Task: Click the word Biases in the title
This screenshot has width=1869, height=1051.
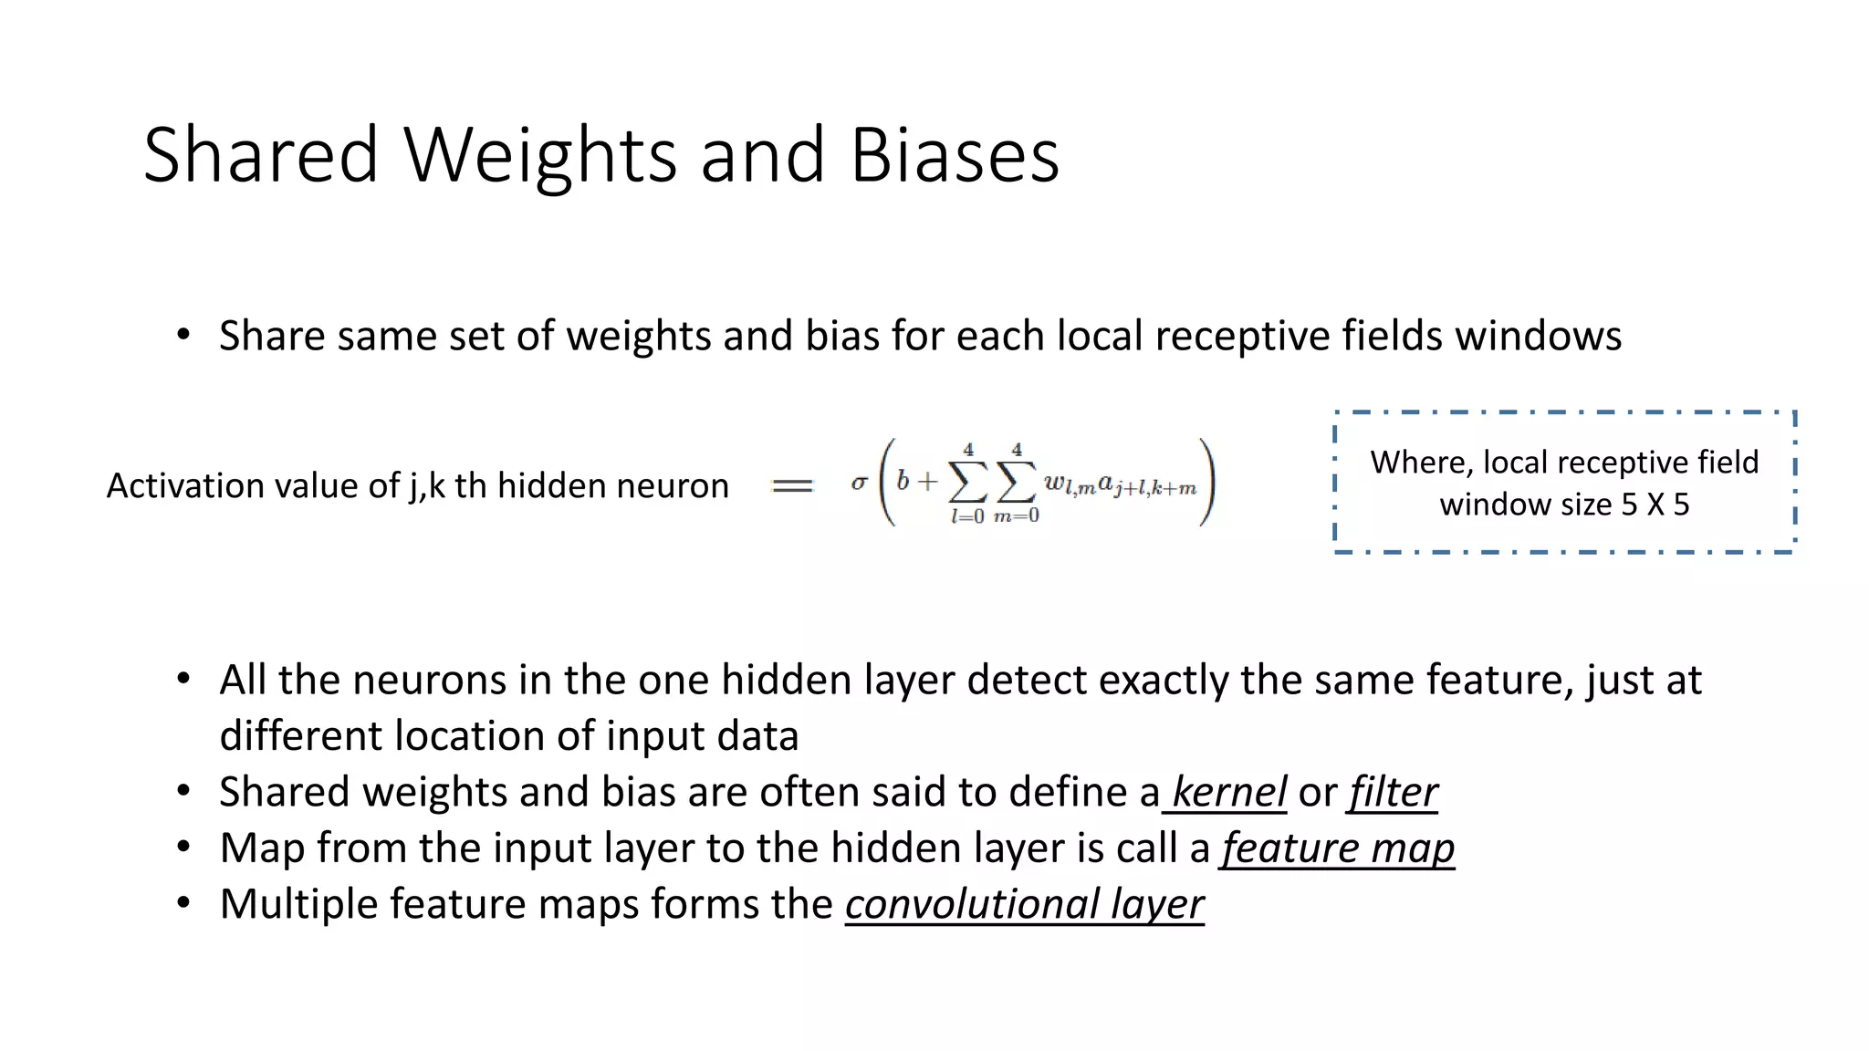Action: pos(955,155)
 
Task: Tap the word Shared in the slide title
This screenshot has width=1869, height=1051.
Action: pos(261,155)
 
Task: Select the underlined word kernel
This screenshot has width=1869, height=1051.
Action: pos(1228,792)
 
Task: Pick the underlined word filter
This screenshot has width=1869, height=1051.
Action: pos(1394,792)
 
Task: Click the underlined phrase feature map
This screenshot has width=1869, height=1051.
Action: pos(1338,848)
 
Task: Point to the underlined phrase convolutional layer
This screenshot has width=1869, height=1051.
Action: pos(1024,904)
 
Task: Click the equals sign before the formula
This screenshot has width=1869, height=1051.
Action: pos(791,486)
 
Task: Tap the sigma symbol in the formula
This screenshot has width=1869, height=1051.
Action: pos(859,483)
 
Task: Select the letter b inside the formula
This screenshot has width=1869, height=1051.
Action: pos(903,481)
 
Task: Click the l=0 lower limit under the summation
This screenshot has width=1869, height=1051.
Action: pos(967,517)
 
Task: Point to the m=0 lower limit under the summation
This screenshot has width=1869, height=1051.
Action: pos(1016,517)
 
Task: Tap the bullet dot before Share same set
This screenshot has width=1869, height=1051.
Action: pos(184,336)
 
